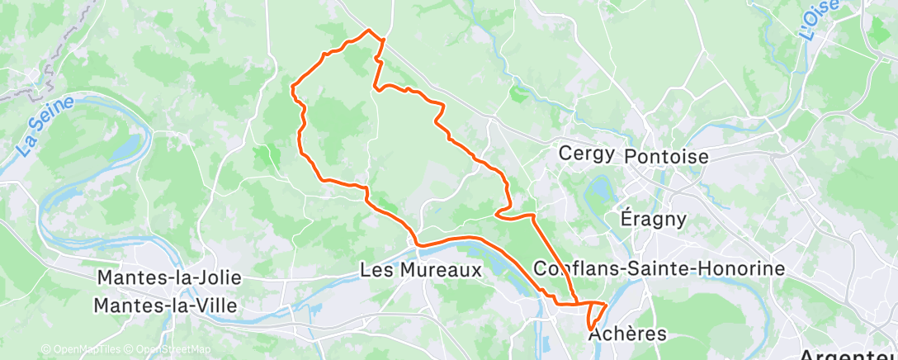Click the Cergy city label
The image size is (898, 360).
586,154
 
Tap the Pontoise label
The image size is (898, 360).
667,156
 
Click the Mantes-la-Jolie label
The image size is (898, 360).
167,277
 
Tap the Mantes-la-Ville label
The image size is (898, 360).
165,306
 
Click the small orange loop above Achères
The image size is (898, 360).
594,314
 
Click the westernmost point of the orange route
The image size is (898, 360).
292,86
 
